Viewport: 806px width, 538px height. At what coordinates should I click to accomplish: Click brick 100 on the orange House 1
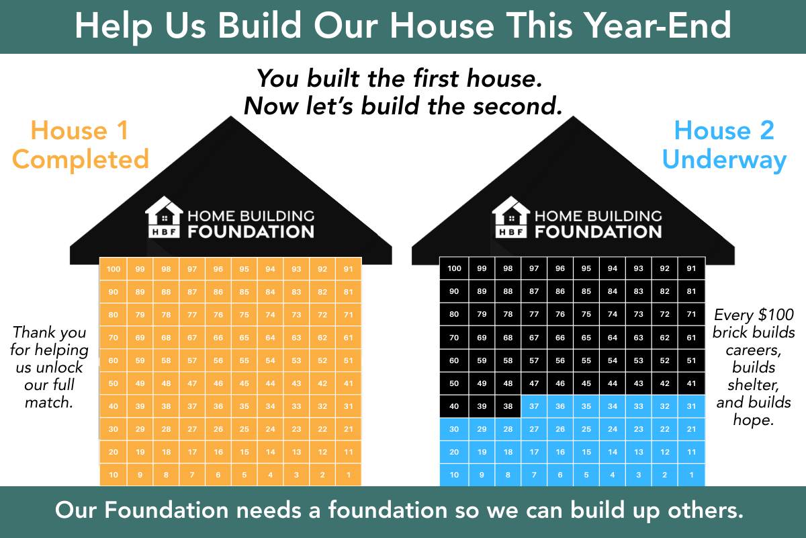click(x=114, y=269)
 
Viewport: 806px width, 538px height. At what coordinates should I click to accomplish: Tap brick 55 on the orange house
click(x=244, y=360)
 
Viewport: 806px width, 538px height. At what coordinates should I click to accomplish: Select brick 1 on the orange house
click(x=349, y=475)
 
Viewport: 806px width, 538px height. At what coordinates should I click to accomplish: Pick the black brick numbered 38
click(x=508, y=406)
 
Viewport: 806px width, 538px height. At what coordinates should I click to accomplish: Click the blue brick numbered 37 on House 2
click(x=534, y=406)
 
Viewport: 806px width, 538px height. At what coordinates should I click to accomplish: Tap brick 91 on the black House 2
click(x=692, y=269)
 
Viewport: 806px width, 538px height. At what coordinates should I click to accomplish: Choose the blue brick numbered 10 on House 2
click(x=455, y=475)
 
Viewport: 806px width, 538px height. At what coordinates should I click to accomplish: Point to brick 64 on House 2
click(x=613, y=338)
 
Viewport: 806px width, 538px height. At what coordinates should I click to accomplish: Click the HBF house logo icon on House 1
click(x=164, y=217)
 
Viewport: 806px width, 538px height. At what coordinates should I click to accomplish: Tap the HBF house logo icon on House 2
click(x=511, y=217)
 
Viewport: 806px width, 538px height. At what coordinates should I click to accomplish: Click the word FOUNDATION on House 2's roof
click(x=598, y=232)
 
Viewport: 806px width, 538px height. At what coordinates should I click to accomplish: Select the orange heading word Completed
click(x=81, y=160)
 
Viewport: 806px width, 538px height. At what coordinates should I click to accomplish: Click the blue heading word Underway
click(x=723, y=160)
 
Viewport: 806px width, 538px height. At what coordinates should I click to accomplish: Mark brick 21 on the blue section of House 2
click(x=692, y=429)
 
